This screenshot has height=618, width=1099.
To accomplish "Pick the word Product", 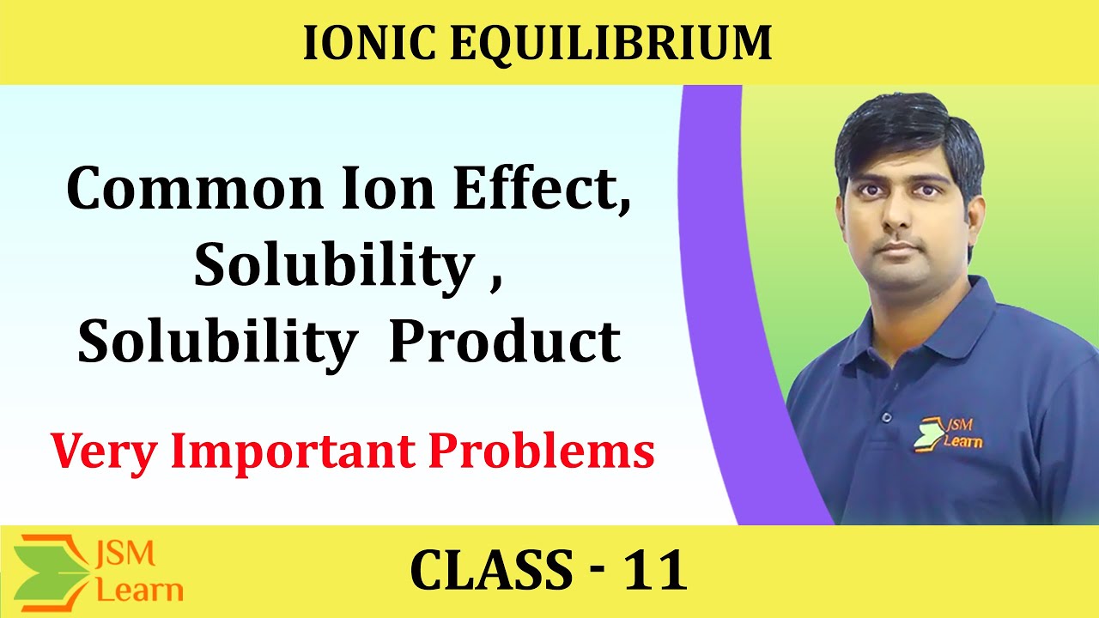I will (505, 343).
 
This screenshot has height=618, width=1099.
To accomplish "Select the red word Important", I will (282, 451).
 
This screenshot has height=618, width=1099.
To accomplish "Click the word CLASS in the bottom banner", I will (492, 571).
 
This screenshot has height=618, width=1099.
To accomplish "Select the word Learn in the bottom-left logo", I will (139, 590).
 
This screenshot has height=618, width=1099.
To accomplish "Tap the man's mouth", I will (898, 249).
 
